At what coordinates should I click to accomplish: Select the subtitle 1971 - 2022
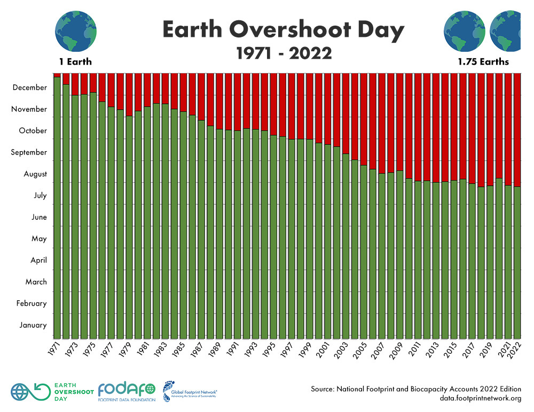(283, 53)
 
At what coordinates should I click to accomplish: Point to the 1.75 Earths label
(483, 62)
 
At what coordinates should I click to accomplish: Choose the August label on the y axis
(35, 174)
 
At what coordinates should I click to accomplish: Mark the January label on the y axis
(34, 325)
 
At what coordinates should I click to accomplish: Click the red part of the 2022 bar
(517, 128)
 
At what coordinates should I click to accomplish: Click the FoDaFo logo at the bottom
(127, 392)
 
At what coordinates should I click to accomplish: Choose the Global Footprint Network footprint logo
(170, 391)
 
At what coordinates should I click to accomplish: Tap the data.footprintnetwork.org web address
(473, 398)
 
